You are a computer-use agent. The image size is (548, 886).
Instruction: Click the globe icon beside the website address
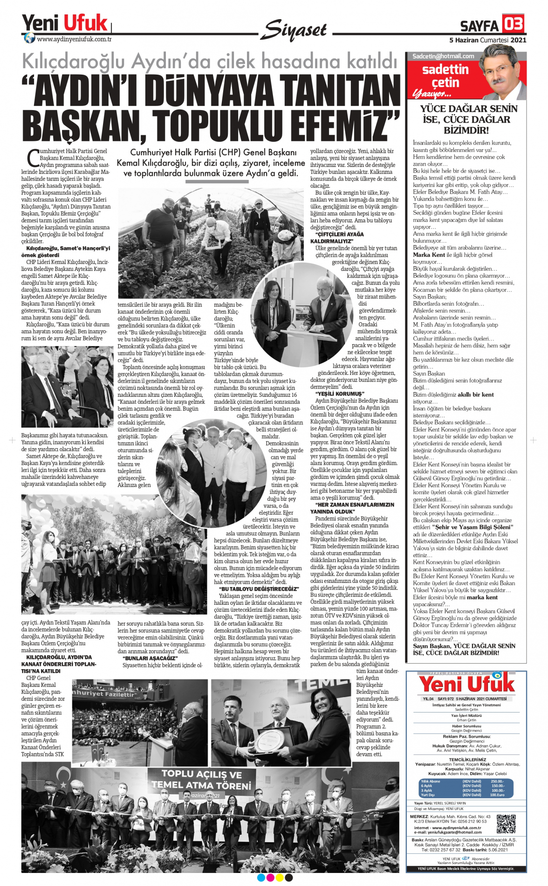29,38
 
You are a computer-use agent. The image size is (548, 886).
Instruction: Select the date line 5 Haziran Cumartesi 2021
487,40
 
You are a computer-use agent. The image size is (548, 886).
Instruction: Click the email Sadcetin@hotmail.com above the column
443,56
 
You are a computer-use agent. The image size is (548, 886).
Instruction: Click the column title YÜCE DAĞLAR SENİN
468,109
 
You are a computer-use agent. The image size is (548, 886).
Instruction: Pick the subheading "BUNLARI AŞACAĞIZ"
150,658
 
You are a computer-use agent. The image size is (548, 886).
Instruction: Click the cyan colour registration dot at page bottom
261,878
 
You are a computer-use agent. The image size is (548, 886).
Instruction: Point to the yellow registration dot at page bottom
280,878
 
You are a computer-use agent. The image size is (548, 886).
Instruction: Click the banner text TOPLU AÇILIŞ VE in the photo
201,775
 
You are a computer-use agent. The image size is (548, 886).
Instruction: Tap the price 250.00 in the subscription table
497,782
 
